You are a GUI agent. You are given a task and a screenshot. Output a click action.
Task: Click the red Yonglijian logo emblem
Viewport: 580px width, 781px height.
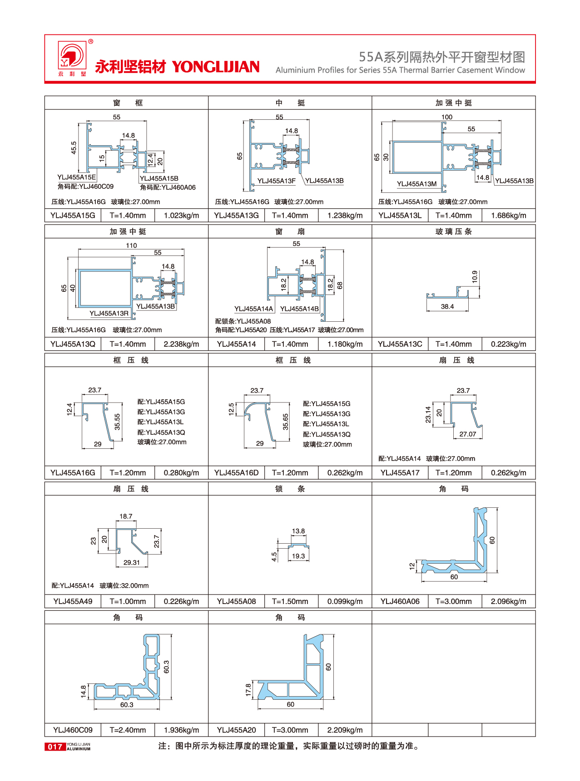[x=71, y=55]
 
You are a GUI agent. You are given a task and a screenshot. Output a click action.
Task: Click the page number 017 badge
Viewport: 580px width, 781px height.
[x=55, y=747]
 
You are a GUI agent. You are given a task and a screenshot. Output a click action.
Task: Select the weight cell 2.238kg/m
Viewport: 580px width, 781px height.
[x=181, y=344]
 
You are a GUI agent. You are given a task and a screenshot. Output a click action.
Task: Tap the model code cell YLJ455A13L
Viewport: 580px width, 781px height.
[x=400, y=216]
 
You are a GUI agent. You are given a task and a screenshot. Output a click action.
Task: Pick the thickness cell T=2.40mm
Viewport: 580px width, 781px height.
[x=128, y=730]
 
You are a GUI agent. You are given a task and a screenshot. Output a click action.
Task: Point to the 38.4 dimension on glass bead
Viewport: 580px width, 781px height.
[x=447, y=307]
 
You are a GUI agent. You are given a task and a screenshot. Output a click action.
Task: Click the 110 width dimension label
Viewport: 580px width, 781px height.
[x=131, y=246]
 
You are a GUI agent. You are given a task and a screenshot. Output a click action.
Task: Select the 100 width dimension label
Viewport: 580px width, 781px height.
[x=447, y=117]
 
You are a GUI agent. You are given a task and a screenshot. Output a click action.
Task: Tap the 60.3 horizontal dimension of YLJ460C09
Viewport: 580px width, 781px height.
[x=127, y=705]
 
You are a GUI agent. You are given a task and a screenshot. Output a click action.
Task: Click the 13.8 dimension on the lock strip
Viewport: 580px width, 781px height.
[x=298, y=531]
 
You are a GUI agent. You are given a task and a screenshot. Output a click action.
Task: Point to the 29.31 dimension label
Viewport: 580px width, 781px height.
[x=132, y=563]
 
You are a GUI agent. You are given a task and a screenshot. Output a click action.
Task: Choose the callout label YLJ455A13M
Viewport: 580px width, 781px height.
[x=416, y=184]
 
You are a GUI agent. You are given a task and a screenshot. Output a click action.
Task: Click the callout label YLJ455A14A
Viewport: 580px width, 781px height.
[x=253, y=309]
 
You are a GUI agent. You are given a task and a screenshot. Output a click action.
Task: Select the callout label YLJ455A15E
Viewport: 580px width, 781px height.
[x=76, y=177]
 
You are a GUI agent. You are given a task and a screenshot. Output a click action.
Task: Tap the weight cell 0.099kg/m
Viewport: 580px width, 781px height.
[x=345, y=601]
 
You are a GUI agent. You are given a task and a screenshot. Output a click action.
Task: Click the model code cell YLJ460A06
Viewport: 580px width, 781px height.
[x=400, y=601]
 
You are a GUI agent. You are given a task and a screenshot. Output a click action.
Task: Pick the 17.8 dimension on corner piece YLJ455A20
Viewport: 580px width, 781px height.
[x=248, y=689]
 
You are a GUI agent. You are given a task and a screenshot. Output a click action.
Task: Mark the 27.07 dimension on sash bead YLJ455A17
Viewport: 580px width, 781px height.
[x=467, y=434]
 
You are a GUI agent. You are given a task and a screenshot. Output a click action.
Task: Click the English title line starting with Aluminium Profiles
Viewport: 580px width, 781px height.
[x=400, y=70]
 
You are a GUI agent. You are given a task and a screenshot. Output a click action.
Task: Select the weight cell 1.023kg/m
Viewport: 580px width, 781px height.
[x=181, y=216]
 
